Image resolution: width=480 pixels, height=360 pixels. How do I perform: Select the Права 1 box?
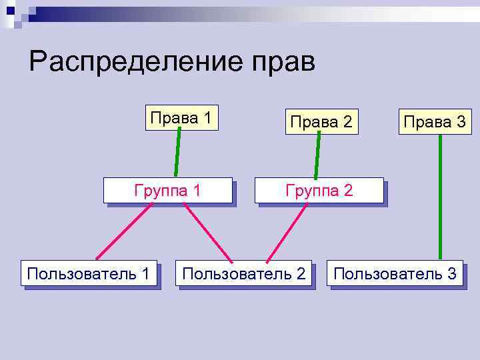[182, 118]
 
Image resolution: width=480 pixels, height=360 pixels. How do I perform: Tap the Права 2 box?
[321, 121]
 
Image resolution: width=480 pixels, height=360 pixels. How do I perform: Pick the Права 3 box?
[435, 121]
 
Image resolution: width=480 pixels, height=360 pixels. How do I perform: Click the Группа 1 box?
[167, 190]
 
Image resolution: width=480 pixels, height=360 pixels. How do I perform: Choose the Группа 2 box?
[319, 190]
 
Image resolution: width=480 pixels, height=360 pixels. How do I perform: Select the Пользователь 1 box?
[89, 273]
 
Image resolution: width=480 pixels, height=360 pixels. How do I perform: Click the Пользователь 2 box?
[244, 273]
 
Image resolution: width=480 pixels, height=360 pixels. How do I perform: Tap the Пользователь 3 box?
[395, 273]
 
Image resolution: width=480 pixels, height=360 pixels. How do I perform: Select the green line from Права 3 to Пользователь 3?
[441, 197]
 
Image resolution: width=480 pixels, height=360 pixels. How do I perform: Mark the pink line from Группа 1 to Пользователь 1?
[125, 231]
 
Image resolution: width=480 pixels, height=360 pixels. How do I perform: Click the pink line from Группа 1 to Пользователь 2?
[208, 231]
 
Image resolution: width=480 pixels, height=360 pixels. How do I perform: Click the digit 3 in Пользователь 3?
[452, 273]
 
